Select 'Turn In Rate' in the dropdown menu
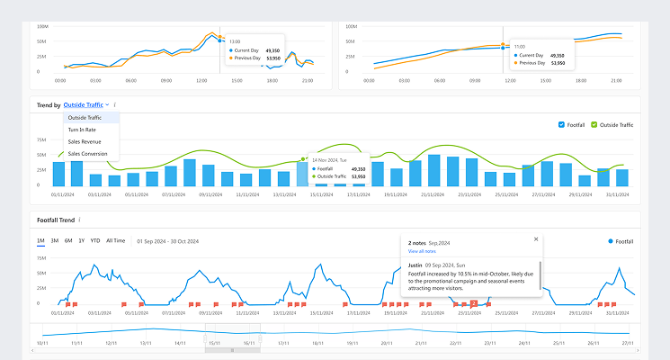[83, 130]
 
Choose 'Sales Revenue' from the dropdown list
[85, 141]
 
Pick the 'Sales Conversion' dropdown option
[87, 153]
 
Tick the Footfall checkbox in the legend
[561, 124]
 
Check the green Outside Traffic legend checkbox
[594, 124]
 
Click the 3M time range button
[55, 241]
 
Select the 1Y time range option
[82, 241]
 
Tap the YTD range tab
[95, 241]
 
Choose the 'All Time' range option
[116, 241]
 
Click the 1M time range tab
[40, 241]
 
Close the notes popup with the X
[536, 239]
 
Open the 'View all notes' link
[422, 252]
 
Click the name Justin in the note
[415, 266]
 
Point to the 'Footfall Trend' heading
[56, 220]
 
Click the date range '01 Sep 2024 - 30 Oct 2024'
[167, 241]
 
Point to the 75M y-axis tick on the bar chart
[41, 140]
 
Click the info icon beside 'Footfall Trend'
[79, 220]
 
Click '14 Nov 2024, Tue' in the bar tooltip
[330, 159]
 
